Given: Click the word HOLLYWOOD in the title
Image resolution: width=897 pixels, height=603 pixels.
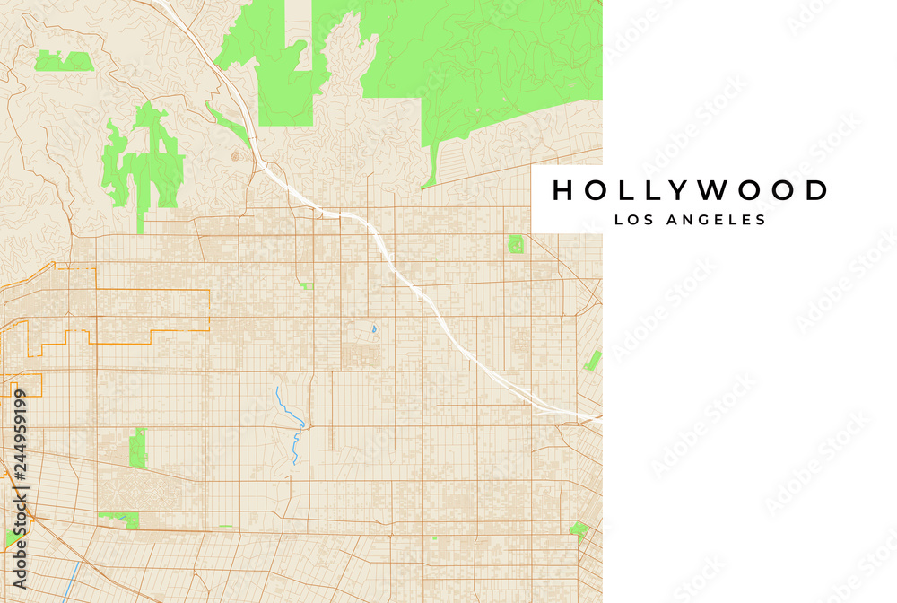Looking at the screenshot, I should coord(689,190).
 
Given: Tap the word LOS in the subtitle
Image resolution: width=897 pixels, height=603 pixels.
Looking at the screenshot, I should coord(633,220).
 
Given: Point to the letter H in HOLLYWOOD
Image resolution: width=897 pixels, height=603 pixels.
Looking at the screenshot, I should coord(562,190).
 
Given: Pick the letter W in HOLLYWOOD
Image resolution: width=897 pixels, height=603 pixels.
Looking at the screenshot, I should coord(711,190).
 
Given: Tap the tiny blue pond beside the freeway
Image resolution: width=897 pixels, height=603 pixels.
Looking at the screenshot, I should coord(373,328).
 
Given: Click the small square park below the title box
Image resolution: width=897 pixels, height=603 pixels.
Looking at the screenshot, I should coord(516,243).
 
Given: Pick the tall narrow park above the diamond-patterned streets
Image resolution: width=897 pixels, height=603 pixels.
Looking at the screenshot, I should coord(137,448).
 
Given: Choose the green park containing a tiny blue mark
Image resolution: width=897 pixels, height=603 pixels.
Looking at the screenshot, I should coord(118,519).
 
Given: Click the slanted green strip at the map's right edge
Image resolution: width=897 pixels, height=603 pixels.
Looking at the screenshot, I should coord(592,361).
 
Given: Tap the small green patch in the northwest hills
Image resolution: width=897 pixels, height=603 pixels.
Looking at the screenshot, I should coord(64,61).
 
